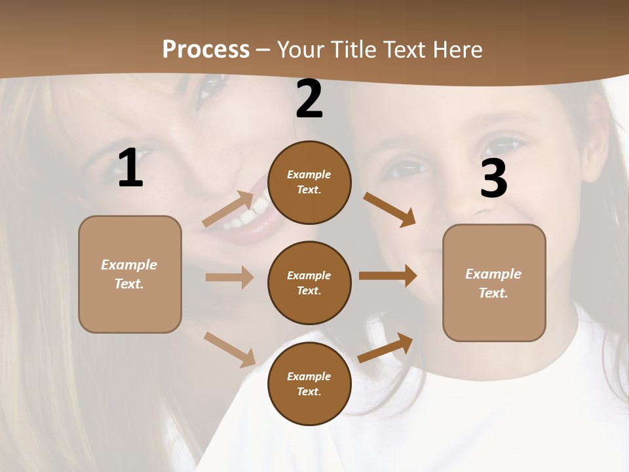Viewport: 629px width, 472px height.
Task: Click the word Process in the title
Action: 206,49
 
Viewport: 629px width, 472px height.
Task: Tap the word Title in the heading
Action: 350,49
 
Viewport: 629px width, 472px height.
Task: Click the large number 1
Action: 130,168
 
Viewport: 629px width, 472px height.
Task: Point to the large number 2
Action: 309,99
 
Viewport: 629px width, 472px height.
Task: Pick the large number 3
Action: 493,178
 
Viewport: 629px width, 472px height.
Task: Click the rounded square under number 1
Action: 130,274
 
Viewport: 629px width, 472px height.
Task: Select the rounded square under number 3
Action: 494,283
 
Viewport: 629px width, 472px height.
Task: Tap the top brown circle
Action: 309,182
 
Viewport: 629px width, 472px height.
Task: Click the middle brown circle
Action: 309,283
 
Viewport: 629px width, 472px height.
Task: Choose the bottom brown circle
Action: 309,383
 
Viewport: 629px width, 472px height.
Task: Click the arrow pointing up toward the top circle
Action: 228,209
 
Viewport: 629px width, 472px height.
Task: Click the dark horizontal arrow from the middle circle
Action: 388,276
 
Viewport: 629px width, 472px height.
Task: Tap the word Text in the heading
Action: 407,49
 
